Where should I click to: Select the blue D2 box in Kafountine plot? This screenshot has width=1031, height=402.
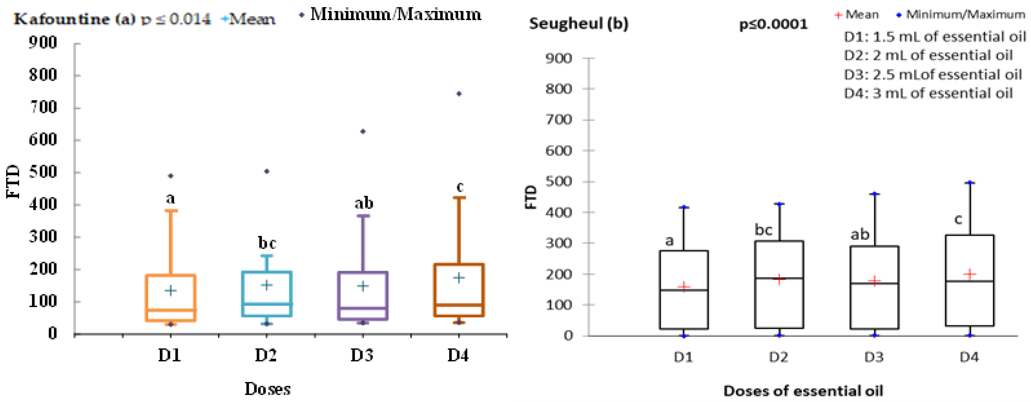tap(267, 294)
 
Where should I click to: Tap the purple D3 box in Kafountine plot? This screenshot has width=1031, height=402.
tap(362, 296)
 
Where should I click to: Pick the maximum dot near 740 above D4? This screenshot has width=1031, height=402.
tap(459, 94)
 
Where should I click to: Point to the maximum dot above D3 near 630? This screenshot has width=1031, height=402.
tap(362, 132)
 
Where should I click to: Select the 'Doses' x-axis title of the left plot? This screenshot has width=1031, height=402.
tap(267, 389)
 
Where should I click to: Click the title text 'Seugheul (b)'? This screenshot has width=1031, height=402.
tap(579, 24)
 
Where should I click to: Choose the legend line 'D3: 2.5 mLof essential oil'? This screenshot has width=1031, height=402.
tap(933, 75)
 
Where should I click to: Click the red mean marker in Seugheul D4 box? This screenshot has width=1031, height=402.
tap(969, 274)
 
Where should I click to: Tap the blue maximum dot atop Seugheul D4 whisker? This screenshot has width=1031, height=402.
tap(970, 183)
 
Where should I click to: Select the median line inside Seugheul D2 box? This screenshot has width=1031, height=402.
tap(779, 278)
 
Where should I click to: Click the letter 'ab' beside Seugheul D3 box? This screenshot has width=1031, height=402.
tap(860, 235)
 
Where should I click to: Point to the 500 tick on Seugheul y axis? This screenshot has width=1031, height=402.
tap(559, 182)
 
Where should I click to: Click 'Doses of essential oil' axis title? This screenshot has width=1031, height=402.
tap(803, 391)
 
